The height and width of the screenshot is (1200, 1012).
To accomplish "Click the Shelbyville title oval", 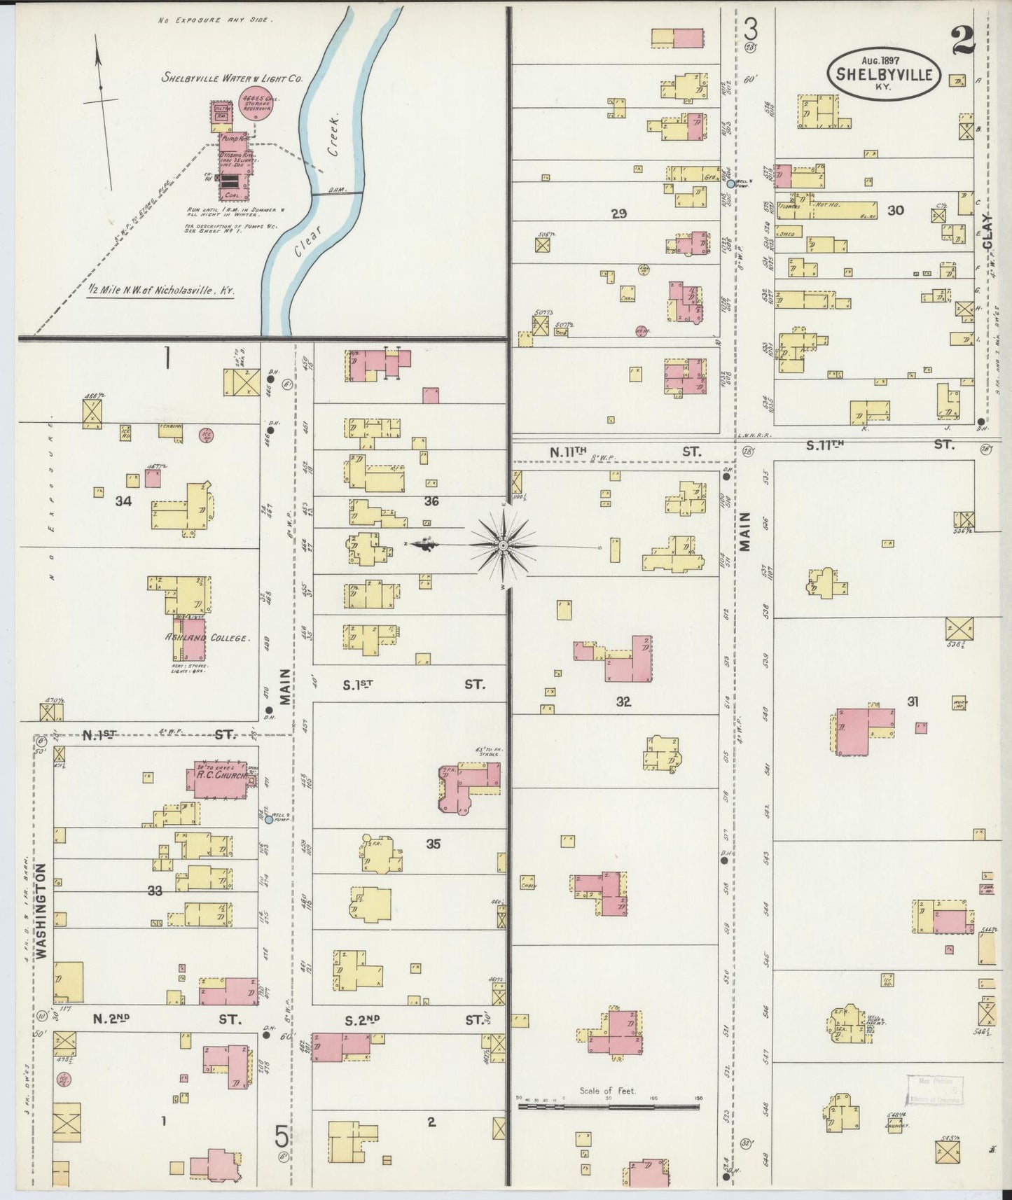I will click(884, 72).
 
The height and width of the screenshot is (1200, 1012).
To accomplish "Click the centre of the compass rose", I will click(503, 545).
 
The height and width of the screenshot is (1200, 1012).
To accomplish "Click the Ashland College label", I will click(206, 638).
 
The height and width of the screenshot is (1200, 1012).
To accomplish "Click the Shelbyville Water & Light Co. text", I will click(231, 78).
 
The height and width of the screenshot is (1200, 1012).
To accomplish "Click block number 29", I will click(618, 214).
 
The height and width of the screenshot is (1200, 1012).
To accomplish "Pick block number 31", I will click(912, 702).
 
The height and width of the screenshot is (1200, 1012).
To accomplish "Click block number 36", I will click(431, 501).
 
